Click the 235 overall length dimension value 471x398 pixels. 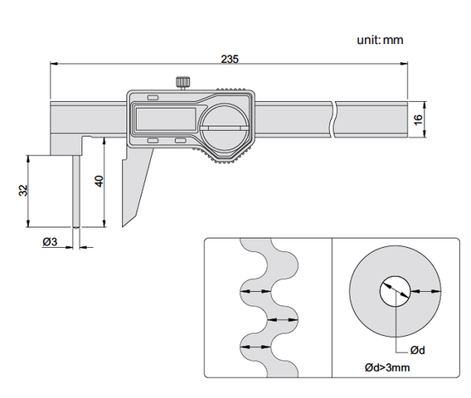click(x=230, y=59)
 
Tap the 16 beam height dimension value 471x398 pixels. click(x=418, y=119)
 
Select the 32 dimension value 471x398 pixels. click(x=23, y=191)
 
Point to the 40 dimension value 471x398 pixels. click(x=99, y=181)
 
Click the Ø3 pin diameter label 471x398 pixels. click(x=50, y=241)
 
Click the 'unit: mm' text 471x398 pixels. click(x=380, y=40)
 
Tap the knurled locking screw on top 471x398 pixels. click(x=183, y=83)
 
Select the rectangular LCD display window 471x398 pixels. click(x=166, y=119)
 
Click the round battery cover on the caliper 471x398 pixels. click(x=225, y=129)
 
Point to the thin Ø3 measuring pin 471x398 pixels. click(x=76, y=191)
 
